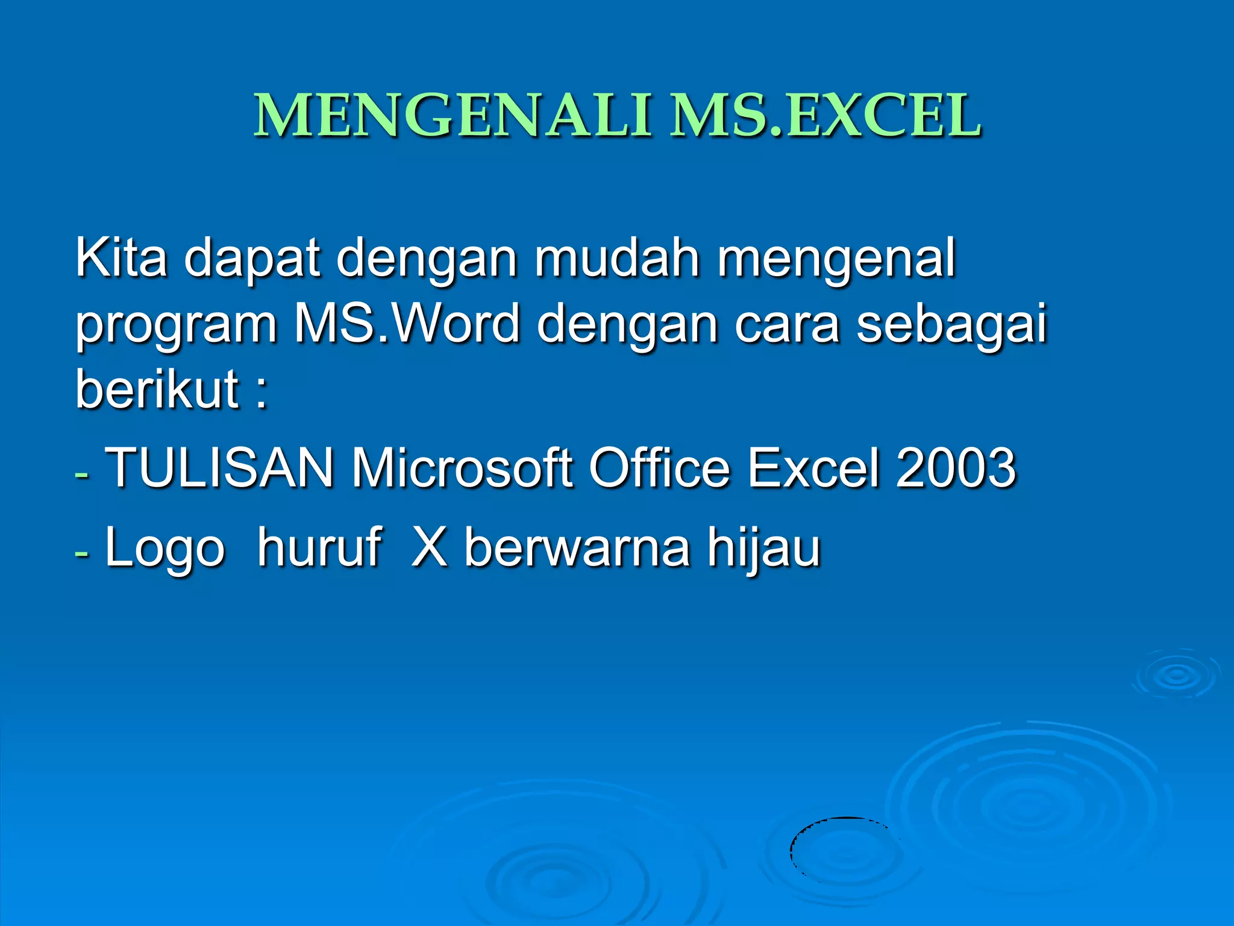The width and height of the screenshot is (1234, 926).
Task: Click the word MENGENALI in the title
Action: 452,116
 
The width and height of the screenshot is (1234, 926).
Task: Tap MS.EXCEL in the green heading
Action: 826,116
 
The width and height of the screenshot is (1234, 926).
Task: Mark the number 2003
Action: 956,468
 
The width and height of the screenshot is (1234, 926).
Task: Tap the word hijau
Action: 764,549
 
